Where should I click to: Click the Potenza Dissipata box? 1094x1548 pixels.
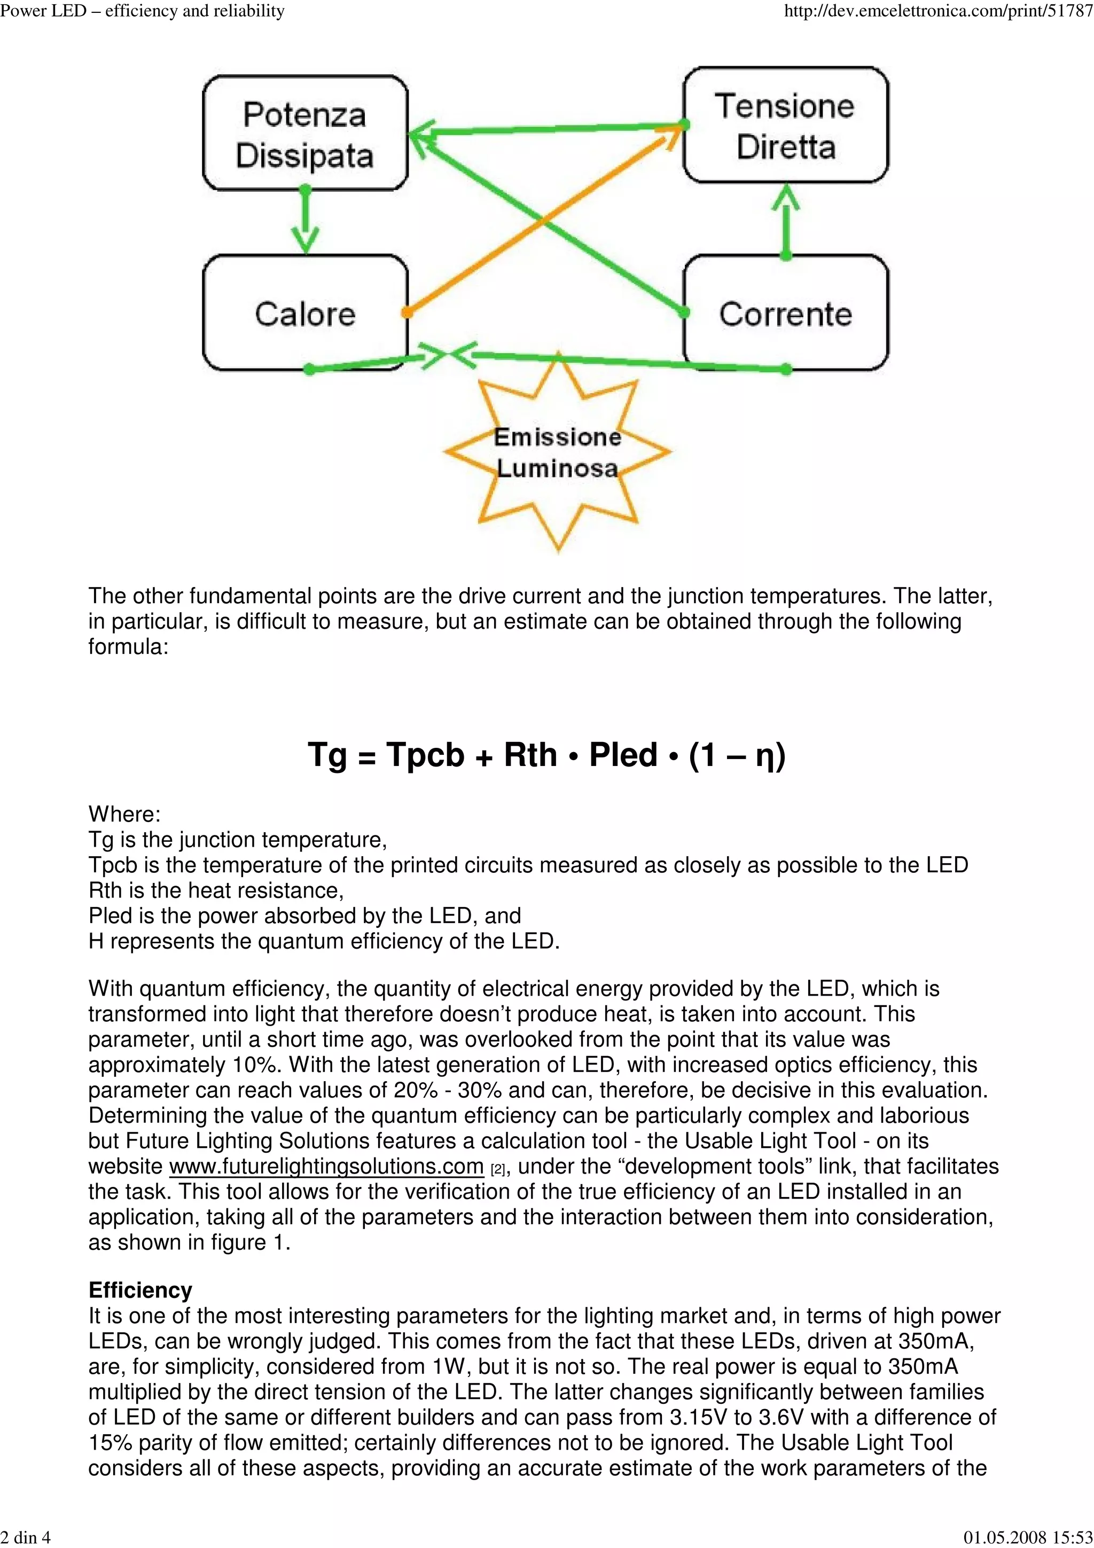pos(304,134)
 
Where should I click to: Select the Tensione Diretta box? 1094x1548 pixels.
pos(785,126)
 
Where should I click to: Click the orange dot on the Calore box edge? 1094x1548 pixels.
pos(407,312)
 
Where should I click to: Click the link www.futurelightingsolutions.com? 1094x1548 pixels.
pos(326,1167)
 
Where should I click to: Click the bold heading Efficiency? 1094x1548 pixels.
pos(140,1290)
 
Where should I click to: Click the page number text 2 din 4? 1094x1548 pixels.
pos(26,1537)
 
